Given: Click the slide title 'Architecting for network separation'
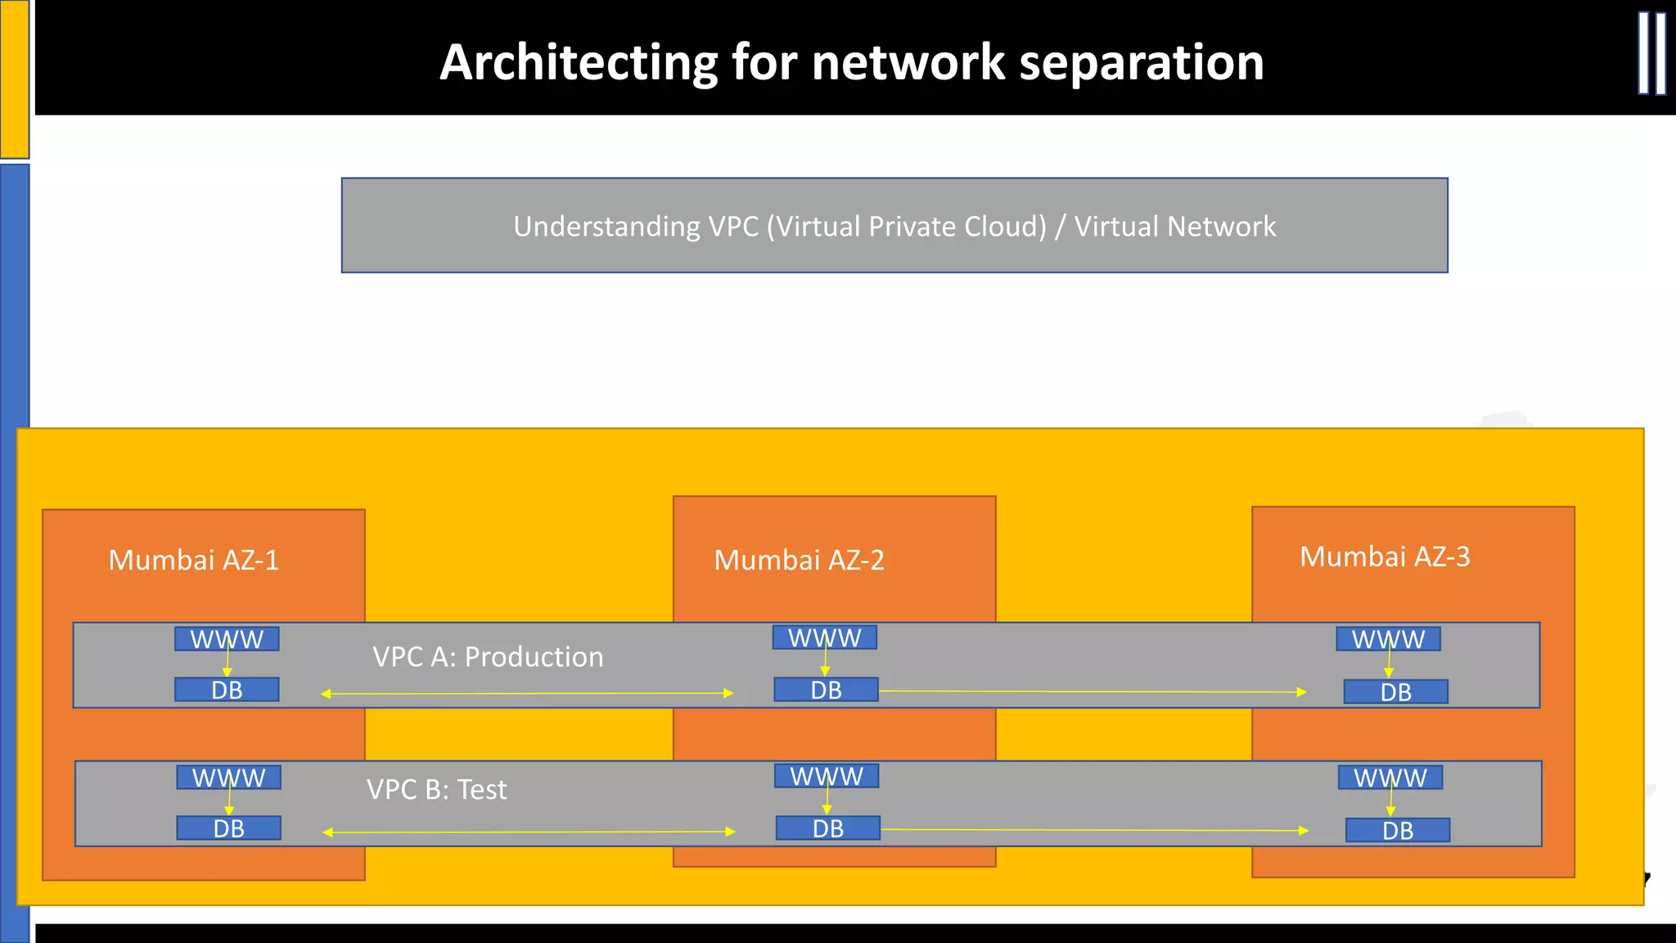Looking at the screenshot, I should pos(851,62).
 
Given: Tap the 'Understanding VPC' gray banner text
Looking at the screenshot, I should pos(894,226).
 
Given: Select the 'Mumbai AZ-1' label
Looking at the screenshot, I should pos(194,560).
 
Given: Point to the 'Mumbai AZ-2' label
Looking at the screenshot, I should pos(799,560).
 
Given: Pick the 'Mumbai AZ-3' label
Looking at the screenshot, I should pos(1385,557).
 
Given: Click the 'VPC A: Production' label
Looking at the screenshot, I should pos(488,656).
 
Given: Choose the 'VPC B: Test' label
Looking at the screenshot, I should pos(436,789).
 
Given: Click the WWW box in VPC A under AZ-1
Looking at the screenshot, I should pos(227,638).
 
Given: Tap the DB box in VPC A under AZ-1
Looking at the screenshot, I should pos(227,690).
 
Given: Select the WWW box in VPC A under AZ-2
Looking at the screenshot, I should pos(824,637).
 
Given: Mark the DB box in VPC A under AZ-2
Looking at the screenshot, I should pos(826,690).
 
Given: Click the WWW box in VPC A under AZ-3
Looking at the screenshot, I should pos(1388,638).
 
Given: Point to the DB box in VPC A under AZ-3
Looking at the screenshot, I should pos(1395,692).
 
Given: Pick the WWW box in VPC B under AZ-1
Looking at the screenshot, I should pos(228,777).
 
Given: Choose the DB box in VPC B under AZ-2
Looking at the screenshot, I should pos(827,828).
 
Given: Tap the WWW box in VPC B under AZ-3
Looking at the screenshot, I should pos(1390,777).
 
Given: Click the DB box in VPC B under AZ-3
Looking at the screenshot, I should pos(1397,830).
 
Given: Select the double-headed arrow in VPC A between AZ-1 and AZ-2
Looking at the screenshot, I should pos(527,693).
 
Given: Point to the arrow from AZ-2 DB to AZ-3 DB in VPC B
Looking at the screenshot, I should pos(1093,830).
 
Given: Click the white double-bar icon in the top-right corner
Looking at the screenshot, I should pos(1651,54).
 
